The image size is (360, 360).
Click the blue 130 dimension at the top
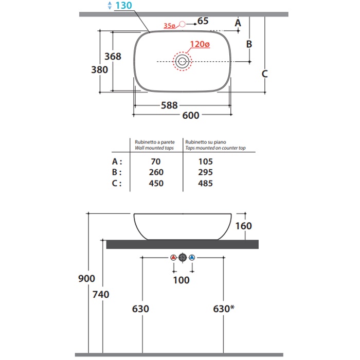[123, 6]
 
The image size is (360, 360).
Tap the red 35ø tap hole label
[169, 26]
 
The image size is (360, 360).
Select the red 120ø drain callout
[200, 44]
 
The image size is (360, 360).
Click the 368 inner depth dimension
[113, 57]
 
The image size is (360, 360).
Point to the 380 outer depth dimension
[99, 70]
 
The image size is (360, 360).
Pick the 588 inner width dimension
[169, 105]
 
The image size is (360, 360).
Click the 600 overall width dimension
[191, 115]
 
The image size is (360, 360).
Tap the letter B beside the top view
[249, 44]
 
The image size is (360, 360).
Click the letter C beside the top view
[265, 74]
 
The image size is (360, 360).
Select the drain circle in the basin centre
[182, 62]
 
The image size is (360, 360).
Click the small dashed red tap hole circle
[182, 24]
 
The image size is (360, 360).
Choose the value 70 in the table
[156, 161]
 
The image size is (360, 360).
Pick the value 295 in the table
[206, 172]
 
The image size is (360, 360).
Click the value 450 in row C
[156, 183]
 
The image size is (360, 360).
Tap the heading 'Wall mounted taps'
[154, 148]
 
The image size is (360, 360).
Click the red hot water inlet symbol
[174, 257]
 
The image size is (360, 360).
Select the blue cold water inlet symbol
[192, 257]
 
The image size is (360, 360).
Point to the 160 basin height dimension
[244, 226]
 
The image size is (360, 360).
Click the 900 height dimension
[86, 279]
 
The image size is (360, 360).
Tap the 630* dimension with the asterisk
[224, 309]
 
